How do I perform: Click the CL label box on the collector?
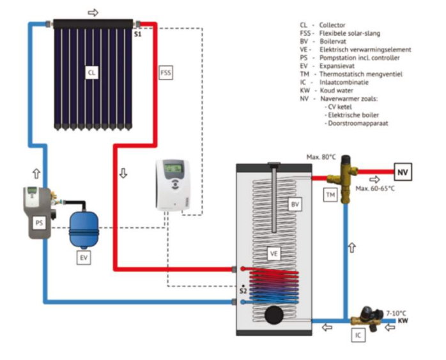[92, 73]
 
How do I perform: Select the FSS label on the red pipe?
[165, 73]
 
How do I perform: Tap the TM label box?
[330, 195]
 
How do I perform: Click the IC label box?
[358, 334]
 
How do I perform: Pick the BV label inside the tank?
[295, 204]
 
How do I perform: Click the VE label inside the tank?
[275, 253]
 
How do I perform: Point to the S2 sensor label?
[243, 290]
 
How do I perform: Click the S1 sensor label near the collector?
[137, 34]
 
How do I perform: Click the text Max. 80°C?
[320, 157]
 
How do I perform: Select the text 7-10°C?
[396, 312]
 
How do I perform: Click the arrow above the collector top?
[93, 12]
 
